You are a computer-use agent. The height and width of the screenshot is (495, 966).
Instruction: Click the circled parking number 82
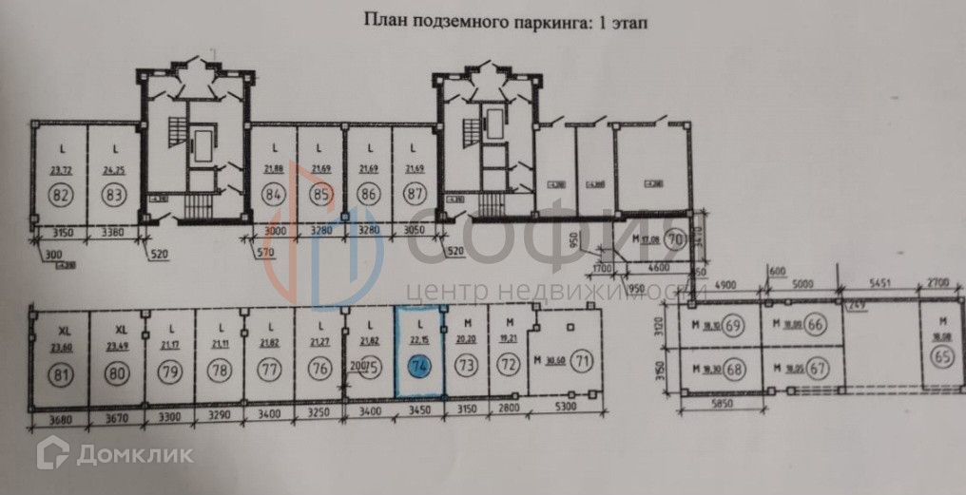[x=63, y=197]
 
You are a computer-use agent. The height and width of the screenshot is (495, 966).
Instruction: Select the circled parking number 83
[x=115, y=197]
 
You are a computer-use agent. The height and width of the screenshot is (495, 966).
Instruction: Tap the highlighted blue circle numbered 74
[x=418, y=365]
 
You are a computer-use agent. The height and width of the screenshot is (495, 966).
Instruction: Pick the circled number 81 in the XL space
[x=64, y=372]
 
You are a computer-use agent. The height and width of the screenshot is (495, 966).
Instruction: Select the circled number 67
[x=815, y=368]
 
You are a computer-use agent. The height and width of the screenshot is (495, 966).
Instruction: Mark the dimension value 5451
[x=879, y=283]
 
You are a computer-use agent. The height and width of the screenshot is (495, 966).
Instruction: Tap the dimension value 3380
[x=113, y=230]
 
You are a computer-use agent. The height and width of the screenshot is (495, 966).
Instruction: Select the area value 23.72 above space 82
[x=63, y=171]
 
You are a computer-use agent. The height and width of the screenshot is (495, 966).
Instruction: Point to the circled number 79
[x=169, y=371]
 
